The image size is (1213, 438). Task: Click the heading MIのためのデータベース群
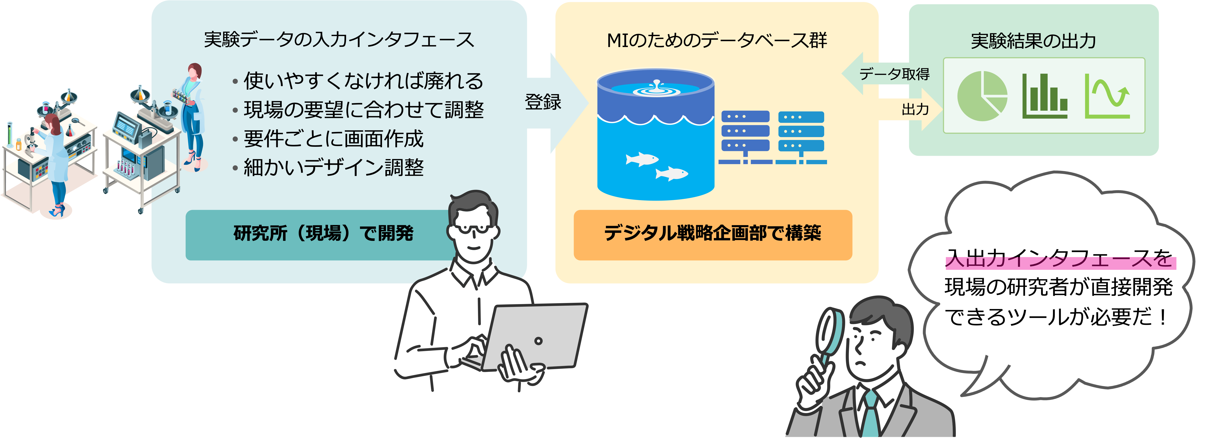[717, 40]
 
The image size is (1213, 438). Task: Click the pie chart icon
[982, 96]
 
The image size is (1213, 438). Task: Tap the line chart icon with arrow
[1107, 97]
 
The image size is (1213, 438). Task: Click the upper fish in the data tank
[641, 159]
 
